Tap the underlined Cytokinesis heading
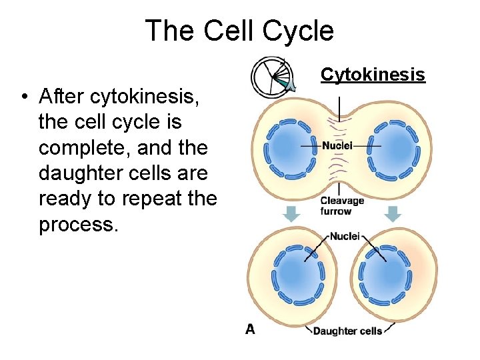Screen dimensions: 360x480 [373, 75]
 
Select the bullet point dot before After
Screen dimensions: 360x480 [23, 98]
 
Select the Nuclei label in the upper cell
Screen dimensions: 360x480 [338, 146]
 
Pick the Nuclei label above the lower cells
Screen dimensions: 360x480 [345, 236]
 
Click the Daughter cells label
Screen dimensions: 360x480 [347, 331]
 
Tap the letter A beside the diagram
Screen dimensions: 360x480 [251, 329]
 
